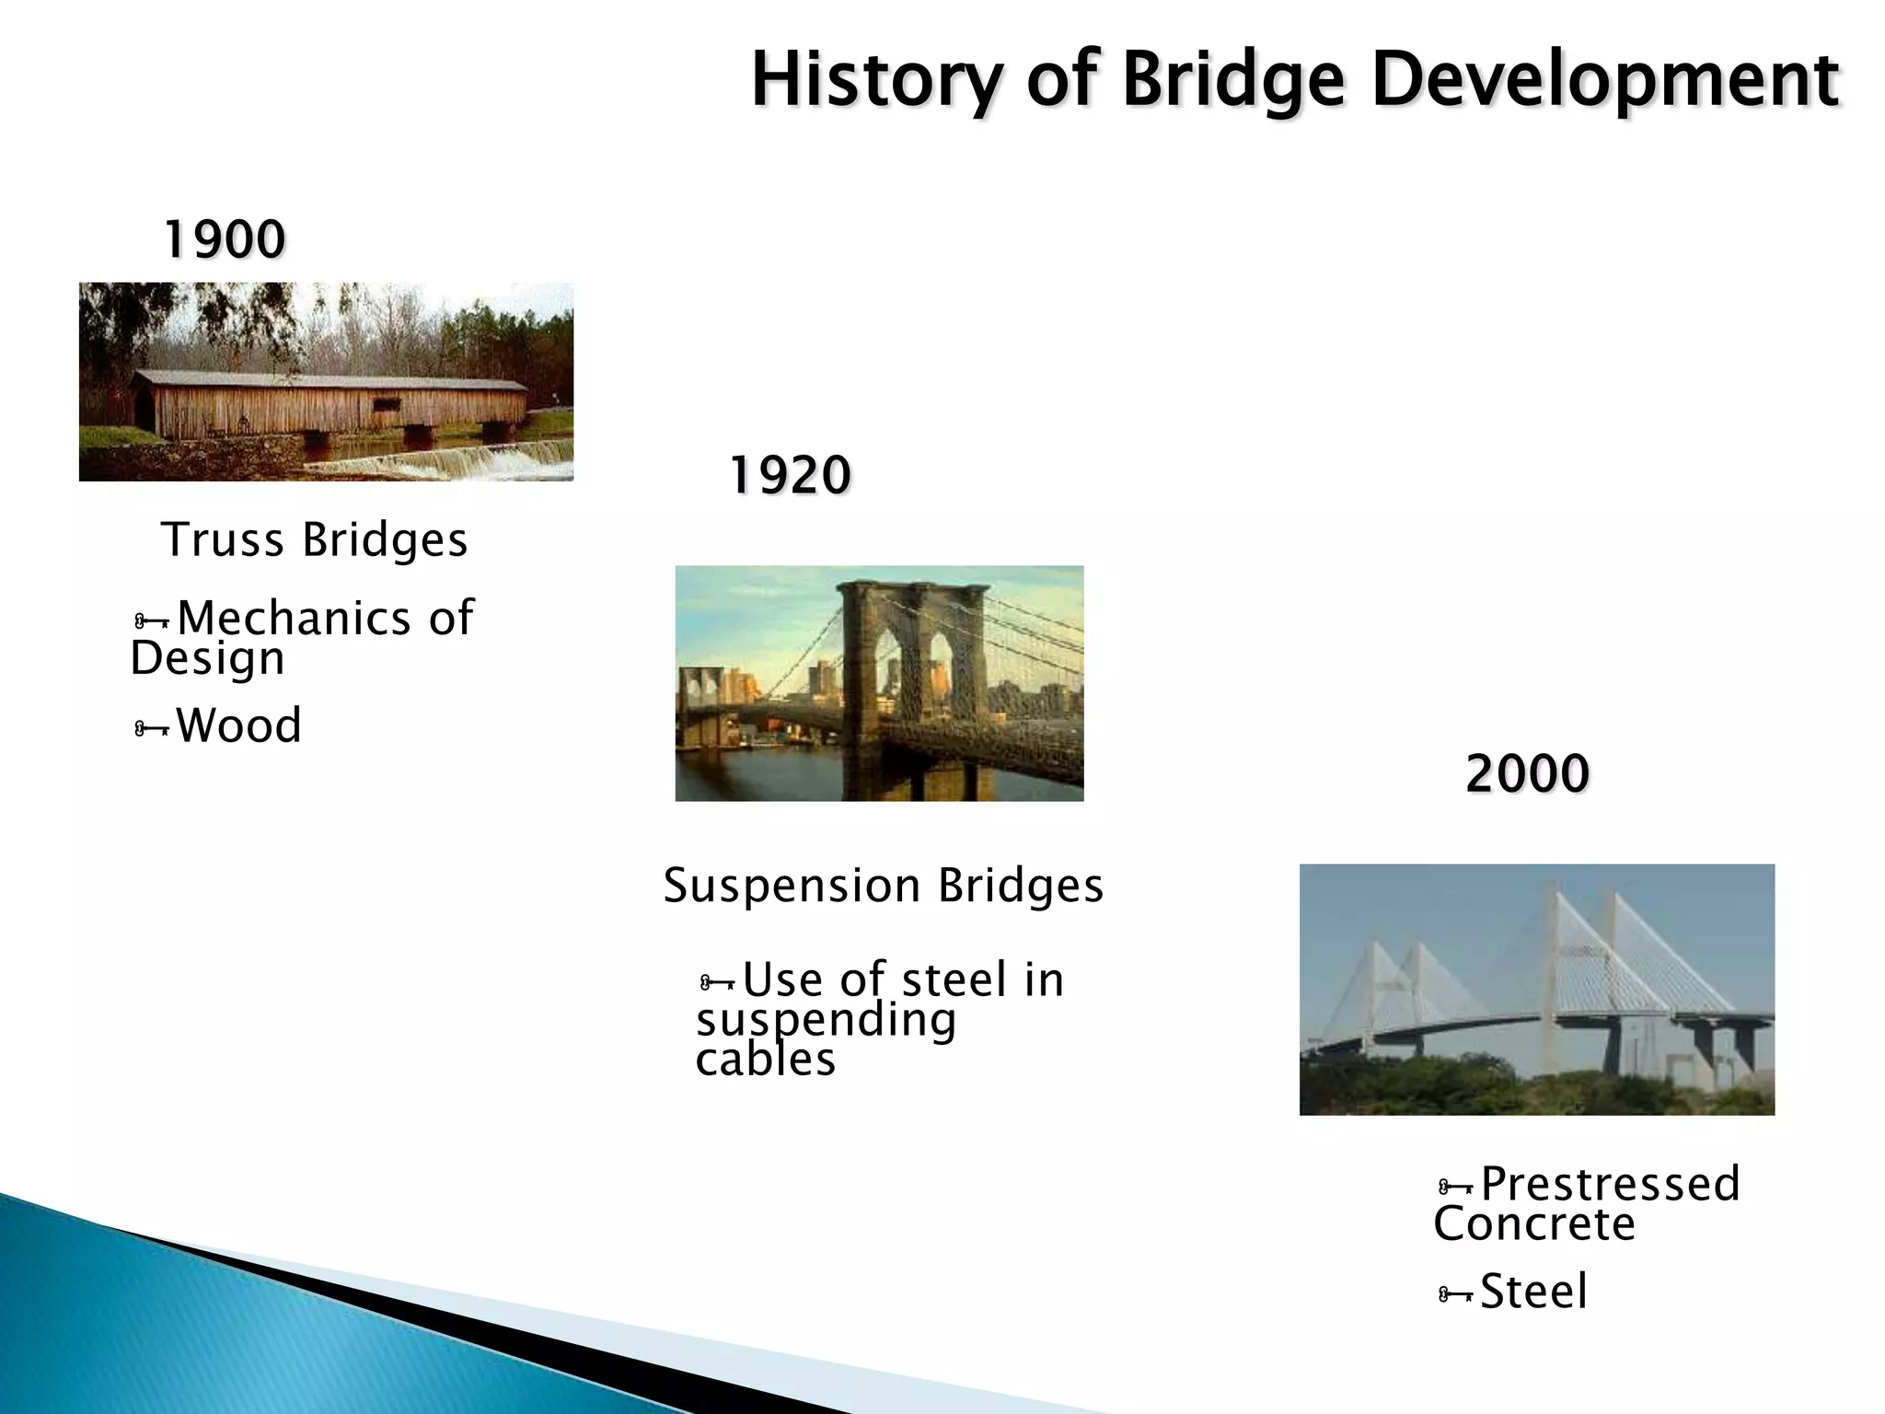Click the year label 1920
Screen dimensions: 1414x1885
(x=790, y=476)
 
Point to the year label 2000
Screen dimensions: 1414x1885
(x=1527, y=773)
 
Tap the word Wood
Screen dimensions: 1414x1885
(x=238, y=725)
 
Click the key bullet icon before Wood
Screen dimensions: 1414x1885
(x=151, y=730)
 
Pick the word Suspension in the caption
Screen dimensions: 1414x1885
(x=792, y=887)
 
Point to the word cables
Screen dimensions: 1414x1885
(x=765, y=1060)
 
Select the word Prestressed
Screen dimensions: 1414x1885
(x=1610, y=1184)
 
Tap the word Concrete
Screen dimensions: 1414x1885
(x=1534, y=1224)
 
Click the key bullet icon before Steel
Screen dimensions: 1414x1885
(x=1454, y=1295)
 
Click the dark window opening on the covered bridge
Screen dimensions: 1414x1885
(x=386, y=405)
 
